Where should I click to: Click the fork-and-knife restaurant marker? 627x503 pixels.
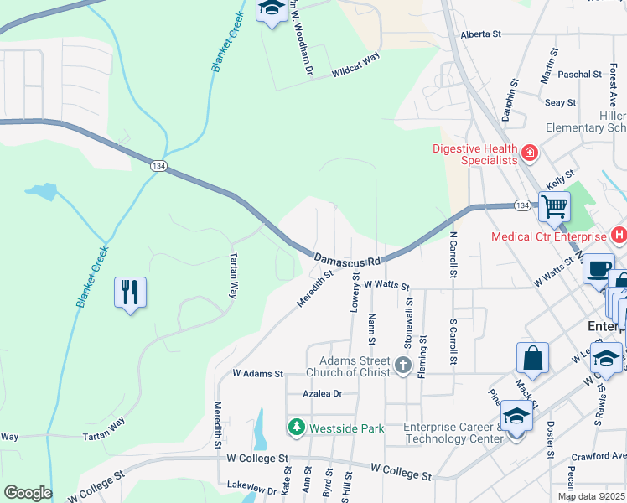point(130,293)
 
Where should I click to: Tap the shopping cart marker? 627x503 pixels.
point(554,205)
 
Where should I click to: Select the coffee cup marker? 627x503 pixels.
point(598,268)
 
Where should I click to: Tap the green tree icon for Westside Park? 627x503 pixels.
point(296,428)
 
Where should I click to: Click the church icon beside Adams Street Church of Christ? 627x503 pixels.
point(403,365)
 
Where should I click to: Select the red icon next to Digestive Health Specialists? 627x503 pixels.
point(529,153)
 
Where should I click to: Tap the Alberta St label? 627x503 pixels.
point(480,34)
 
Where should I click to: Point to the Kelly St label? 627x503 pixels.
point(559,178)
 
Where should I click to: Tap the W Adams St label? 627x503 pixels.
point(258,372)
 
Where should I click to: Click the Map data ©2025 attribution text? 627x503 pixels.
point(591,496)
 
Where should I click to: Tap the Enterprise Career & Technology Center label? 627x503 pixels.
point(452,433)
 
